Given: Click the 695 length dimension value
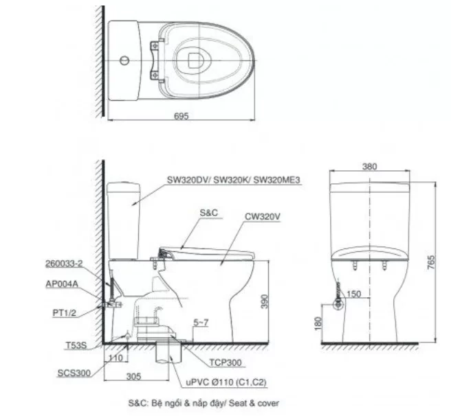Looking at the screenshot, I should pos(181,116).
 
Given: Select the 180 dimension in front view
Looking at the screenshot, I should pos(317,322).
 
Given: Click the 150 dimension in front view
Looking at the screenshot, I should pos(353,294).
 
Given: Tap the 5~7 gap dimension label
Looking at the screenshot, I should pos(202,321).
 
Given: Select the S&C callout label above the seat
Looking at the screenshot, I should pos(209,213).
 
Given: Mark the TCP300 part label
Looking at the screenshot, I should pos(226,360).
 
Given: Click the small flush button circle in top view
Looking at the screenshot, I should pos(123,61).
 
